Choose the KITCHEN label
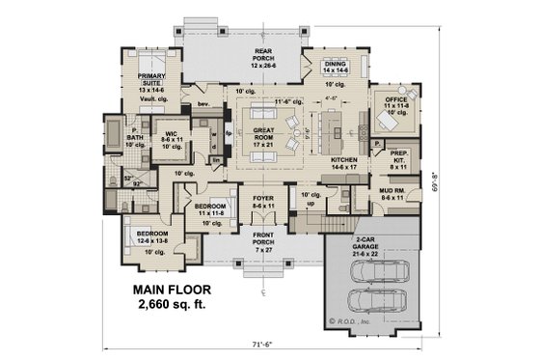[346, 161]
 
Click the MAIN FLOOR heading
[172, 290]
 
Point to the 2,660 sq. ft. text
[173, 305]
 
